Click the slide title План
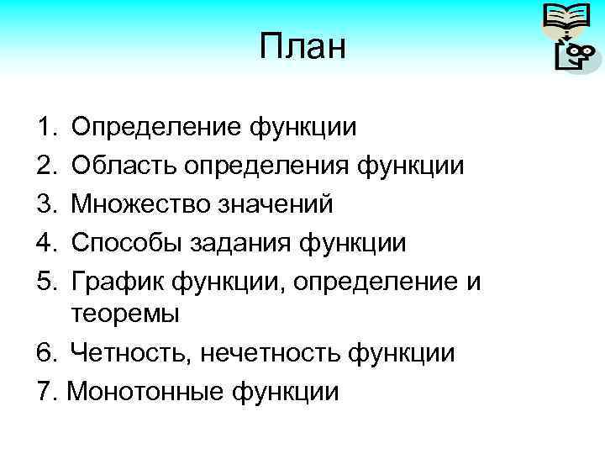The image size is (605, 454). click(302, 47)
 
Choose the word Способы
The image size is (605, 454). click(130, 243)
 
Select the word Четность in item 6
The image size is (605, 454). click(131, 353)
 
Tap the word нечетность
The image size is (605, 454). click(271, 353)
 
